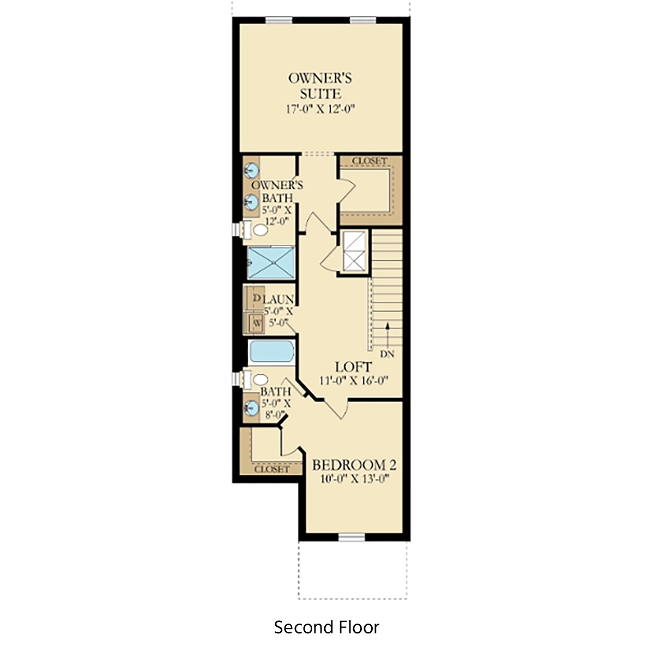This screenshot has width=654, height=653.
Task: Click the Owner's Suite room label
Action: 320,86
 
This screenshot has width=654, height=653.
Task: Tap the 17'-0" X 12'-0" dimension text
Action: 320,109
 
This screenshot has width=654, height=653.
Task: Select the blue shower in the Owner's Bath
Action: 271,263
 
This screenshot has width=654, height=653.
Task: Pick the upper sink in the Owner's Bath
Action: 251,170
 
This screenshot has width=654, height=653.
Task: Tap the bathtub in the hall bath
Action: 271,352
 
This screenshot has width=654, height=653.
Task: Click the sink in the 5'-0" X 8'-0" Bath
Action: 251,408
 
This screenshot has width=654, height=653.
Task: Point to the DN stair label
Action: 387,354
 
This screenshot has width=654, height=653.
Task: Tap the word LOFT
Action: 353,367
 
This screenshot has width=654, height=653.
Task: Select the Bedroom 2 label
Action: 354,465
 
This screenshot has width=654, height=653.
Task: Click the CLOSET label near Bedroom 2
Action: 271,469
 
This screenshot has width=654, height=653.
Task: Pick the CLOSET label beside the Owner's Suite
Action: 370,161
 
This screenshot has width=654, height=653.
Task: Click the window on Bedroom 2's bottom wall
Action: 352,537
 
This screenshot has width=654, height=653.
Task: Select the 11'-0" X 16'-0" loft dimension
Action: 354,380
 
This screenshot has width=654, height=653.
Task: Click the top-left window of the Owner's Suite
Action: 278,20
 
